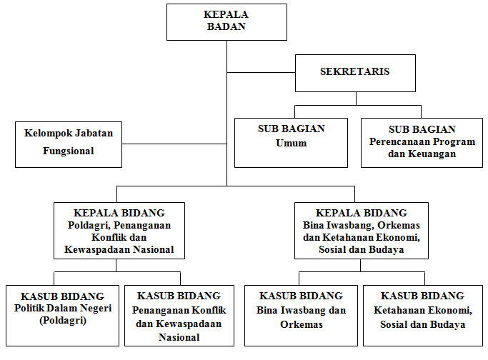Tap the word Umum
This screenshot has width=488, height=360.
[291, 143]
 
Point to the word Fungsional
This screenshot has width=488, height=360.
[68, 151]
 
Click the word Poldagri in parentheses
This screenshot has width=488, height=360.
[63, 320]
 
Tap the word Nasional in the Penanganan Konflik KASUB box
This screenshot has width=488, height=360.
[179, 337]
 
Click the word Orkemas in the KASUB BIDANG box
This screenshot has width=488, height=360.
[302, 324]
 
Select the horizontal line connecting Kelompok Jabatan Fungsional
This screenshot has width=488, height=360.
[174, 144]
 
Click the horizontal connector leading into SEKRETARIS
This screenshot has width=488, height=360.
[261, 72]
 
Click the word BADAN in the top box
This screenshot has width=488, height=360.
[226, 26]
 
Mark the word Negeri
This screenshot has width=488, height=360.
[96, 308]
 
